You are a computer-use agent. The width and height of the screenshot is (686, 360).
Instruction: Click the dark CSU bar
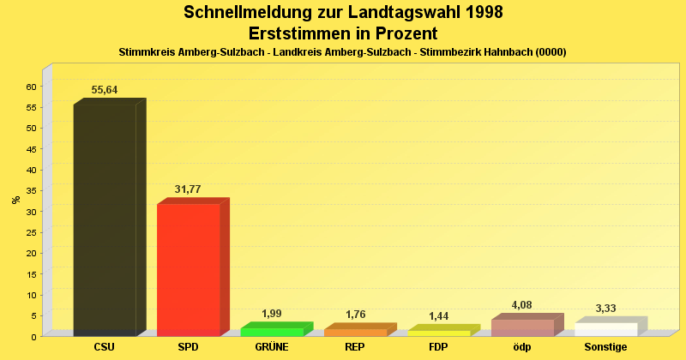coord(105,219)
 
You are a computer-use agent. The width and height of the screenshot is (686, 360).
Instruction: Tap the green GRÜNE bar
coord(272,332)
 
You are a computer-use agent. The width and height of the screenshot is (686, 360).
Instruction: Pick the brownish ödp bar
coord(522,327)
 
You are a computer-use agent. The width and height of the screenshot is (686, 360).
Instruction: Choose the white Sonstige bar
coord(606,329)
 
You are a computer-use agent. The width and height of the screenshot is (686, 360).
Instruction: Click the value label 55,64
coord(105,90)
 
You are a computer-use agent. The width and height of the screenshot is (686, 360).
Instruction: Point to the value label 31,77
coord(188,189)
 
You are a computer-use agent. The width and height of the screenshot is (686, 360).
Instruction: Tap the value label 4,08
coord(522,305)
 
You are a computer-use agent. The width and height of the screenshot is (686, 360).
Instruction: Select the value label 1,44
coord(439,316)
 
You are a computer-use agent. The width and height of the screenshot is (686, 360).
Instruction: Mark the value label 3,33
coord(606,309)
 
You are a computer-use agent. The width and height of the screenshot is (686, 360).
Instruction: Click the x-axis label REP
coord(355,348)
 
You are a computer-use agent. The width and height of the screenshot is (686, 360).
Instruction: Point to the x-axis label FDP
coord(439,348)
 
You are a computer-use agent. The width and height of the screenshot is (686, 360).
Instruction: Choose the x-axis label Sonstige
coord(606,348)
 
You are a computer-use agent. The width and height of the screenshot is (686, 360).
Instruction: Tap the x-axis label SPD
coord(188,348)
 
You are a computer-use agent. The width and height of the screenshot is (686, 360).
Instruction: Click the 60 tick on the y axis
coord(30,87)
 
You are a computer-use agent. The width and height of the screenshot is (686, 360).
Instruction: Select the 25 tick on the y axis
coord(30,232)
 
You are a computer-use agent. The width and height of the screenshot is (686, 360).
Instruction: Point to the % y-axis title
coord(15,200)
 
